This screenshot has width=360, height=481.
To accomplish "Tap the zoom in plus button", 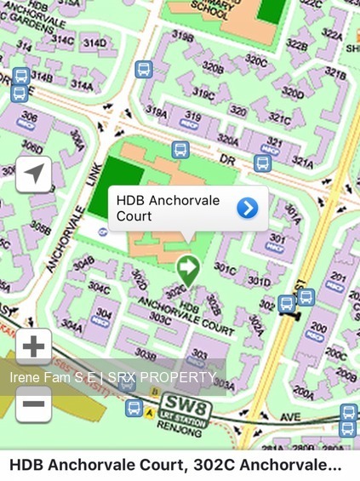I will (x=33, y=346).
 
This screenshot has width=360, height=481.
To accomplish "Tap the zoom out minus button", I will (x=33, y=403).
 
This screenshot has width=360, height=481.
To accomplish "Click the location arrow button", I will (x=33, y=175).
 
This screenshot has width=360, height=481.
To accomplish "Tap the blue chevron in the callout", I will (x=247, y=208).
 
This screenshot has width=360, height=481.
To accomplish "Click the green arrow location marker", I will (x=186, y=272).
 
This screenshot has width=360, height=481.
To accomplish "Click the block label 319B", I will (x=182, y=36).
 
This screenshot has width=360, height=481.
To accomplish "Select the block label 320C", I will (x=255, y=60).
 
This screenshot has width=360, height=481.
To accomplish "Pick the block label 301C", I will (x=225, y=266).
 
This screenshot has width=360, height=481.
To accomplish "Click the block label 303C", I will (x=159, y=317).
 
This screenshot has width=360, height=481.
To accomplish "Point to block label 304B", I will (x=83, y=265).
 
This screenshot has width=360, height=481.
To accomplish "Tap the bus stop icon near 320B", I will (x=143, y=69).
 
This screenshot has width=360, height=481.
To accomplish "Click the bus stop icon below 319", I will (x=180, y=150).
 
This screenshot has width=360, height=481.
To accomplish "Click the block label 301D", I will (x=259, y=281).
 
